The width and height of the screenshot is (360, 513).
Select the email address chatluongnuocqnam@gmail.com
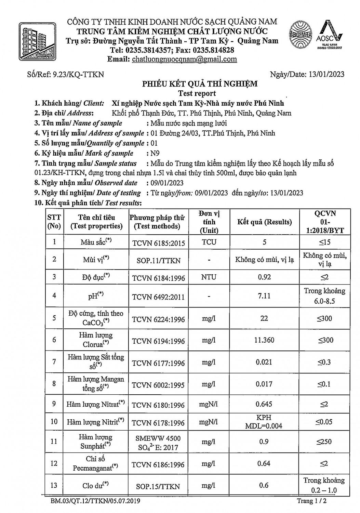(184, 59)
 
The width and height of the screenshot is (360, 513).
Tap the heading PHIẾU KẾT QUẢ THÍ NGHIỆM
(200, 84)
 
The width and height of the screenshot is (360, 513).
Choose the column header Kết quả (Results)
(265, 222)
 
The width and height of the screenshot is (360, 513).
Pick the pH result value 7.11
(264, 295)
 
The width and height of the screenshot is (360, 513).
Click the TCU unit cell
(209, 242)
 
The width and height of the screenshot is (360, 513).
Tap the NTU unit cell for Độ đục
(209, 277)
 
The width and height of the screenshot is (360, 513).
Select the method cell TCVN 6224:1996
(158, 319)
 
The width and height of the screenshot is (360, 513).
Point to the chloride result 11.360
(264, 340)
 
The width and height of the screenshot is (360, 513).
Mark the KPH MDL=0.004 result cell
(264, 422)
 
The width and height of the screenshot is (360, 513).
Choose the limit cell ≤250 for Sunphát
(324, 442)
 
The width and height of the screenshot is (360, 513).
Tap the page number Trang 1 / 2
(311, 501)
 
